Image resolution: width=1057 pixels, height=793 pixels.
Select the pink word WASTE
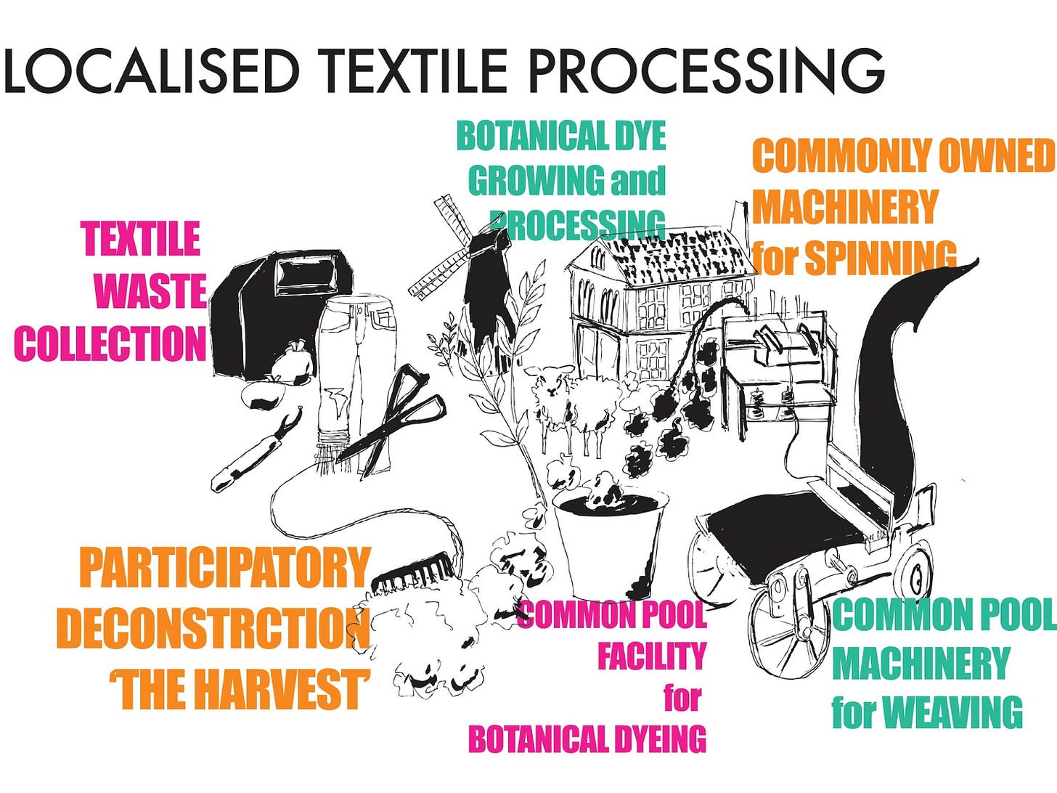tap(150, 291)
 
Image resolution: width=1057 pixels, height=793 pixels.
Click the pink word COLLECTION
tap(111, 343)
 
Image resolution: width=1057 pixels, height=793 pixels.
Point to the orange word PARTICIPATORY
tap(225, 567)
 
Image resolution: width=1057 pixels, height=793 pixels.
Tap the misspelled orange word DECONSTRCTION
tap(213, 628)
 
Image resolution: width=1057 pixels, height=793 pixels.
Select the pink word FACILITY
tap(652, 656)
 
